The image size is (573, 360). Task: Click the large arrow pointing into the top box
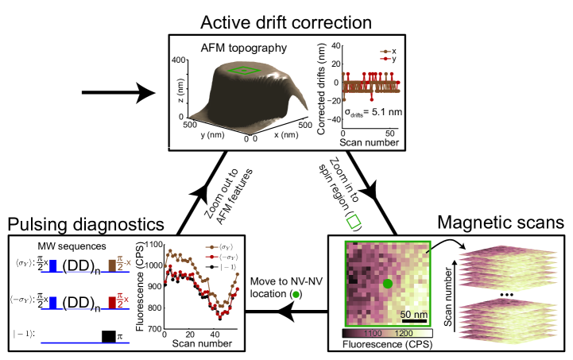119,94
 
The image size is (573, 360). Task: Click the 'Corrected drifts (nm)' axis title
321,87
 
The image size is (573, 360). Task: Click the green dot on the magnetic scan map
388,284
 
